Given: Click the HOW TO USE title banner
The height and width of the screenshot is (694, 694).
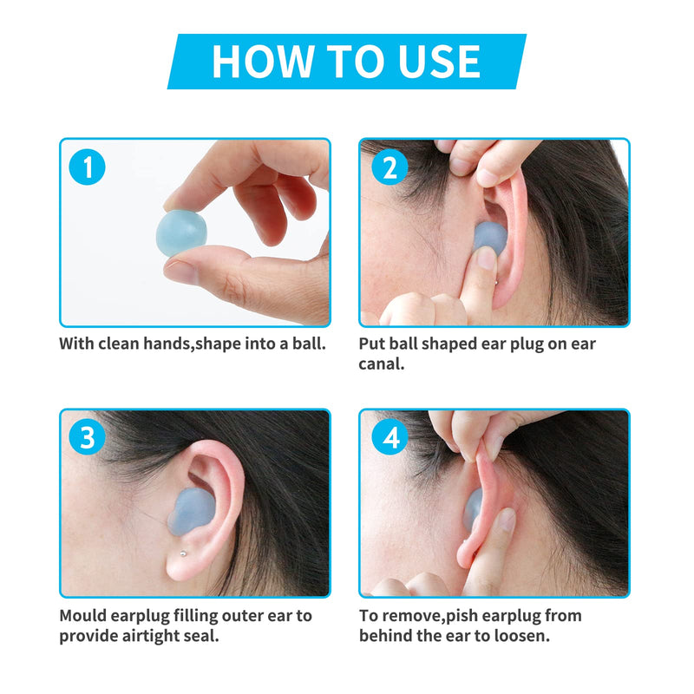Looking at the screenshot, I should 346,61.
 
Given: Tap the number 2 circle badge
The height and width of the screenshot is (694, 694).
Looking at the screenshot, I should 390,167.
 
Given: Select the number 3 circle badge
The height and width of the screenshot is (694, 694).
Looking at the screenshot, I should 88,438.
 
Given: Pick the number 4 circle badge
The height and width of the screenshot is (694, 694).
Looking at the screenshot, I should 390,438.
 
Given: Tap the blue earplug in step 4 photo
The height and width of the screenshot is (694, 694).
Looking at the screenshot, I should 473,512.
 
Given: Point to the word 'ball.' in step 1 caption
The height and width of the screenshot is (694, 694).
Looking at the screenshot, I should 305,343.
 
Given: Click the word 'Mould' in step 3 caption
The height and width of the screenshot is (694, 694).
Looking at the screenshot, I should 83,615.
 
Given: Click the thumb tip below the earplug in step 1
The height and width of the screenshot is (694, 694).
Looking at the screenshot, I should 185,271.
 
